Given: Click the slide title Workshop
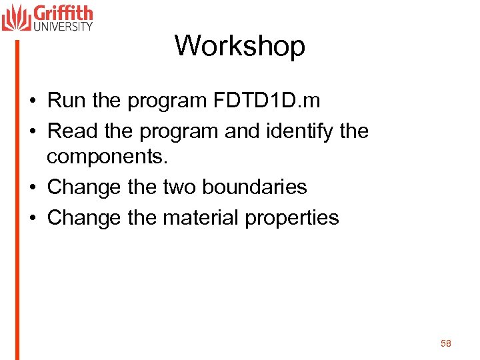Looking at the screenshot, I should (x=240, y=46).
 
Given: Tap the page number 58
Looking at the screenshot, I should (x=446, y=343).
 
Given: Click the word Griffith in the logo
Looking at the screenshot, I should (x=63, y=13).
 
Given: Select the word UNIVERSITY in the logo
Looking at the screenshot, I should (x=63, y=27).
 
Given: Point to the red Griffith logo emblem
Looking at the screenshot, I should (x=16, y=17).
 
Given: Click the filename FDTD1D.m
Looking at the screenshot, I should (x=267, y=101).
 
